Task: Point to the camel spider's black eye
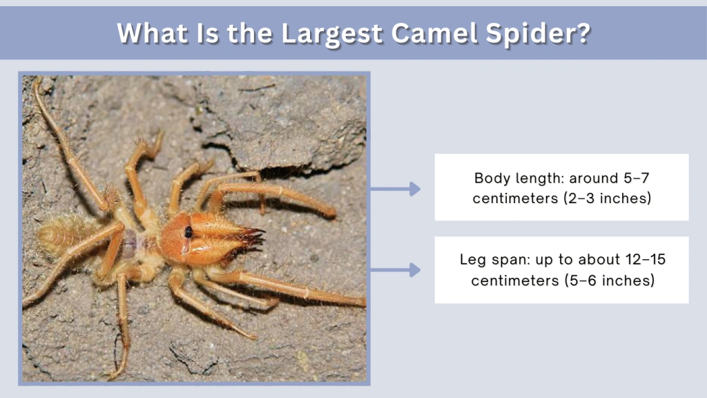point(188,231)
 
